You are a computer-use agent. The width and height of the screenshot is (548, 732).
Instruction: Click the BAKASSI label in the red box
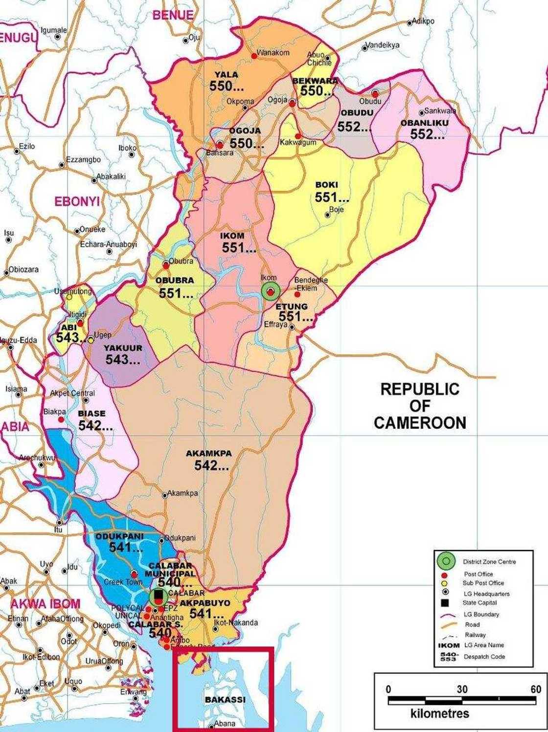click(225, 700)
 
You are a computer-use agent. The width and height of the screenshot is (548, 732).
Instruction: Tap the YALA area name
click(227, 75)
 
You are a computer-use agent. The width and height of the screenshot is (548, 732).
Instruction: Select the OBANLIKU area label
click(424, 123)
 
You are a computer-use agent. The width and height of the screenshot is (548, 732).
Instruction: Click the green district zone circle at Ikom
click(270, 291)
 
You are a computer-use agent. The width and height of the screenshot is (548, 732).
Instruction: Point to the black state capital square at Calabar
click(158, 595)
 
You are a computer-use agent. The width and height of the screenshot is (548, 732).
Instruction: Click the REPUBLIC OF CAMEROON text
click(420, 406)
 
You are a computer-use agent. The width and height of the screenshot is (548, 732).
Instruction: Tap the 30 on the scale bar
click(462, 689)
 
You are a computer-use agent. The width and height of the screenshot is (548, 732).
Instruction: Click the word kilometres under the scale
click(439, 713)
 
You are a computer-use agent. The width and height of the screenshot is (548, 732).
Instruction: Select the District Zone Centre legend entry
click(489, 562)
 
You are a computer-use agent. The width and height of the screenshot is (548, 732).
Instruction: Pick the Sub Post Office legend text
click(483, 583)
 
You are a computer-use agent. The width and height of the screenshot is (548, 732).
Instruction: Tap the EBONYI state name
click(77, 201)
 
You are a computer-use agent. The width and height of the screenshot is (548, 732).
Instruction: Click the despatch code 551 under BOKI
click(332, 197)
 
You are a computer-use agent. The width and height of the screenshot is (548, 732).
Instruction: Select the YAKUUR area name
click(123, 348)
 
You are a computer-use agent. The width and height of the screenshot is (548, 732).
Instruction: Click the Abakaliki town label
click(111, 177)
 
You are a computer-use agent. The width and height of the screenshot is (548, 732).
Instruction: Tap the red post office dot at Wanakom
click(254, 56)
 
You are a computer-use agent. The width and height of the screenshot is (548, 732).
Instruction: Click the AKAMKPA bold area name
click(208, 453)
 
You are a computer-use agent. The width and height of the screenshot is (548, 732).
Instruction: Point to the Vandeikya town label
click(383, 45)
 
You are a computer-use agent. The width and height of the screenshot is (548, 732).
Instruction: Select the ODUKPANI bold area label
click(119, 536)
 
